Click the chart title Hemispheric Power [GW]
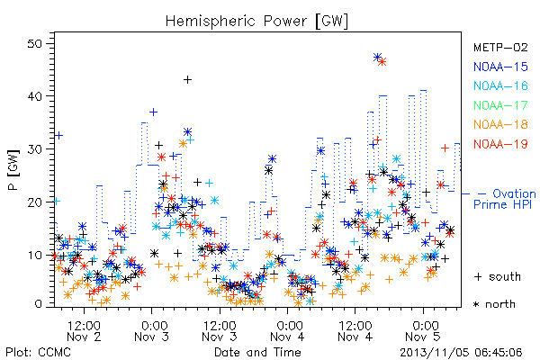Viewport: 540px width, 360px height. point(256,22)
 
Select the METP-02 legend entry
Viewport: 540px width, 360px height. point(500,47)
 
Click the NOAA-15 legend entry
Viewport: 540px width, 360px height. point(500,67)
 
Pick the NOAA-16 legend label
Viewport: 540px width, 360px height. point(500,85)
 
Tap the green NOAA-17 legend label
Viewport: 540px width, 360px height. point(500,105)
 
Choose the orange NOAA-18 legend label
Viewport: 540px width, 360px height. point(500,124)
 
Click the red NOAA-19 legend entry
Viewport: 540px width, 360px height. point(500,144)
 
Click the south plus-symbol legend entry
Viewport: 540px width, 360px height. point(498,276)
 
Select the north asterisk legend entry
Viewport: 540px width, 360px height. point(494,304)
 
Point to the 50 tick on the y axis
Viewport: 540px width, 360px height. point(35,44)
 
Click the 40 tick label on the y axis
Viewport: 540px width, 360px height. point(35,96)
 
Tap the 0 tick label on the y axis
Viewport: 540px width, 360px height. point(38,304)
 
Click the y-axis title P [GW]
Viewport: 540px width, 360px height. point(13,169)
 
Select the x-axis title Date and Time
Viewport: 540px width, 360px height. point(257,352)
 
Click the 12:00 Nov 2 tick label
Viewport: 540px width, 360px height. point(84,331)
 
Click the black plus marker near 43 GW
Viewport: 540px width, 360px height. point(187,80)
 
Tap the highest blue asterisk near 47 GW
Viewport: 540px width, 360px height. point(377,58)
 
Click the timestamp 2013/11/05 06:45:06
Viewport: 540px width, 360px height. point(461,352)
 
